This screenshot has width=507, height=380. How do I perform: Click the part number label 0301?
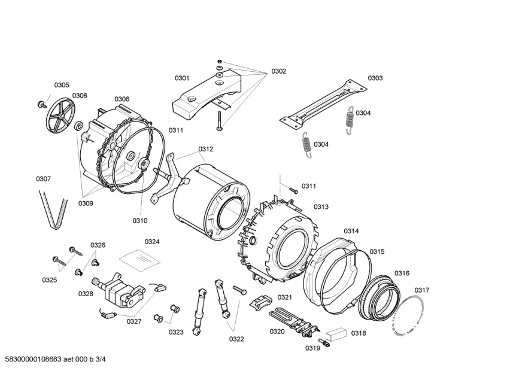click(x=182, y=78)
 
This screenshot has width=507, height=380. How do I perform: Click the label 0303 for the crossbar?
click(x=375, y=78)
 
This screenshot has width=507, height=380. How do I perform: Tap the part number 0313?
click(x=321, y=207)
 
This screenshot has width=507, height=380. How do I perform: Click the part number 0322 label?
click(x=236, y=339)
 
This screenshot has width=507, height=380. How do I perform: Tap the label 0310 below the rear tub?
click(x=139, y=221)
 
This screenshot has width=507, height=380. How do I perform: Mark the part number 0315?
click(x=377, y=251)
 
